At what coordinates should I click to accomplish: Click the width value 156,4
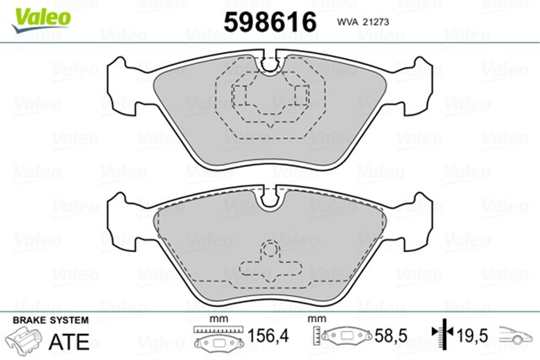click(272, 336)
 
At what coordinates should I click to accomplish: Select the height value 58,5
click(391, 336)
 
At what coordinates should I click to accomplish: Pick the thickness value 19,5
click(470, 336)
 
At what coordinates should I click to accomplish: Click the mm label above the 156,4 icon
click(219, 320)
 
